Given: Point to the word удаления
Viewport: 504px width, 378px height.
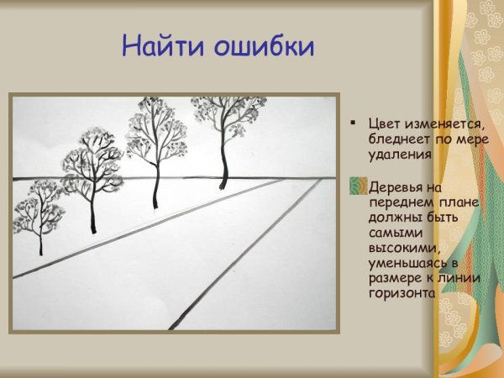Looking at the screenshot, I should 399,155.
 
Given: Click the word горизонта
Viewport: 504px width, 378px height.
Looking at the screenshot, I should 402,294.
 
